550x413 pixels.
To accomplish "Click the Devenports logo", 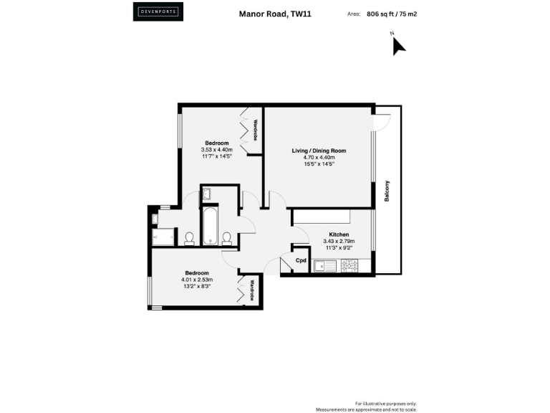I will (x=157, y=11).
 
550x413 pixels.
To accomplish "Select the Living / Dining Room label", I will (x=319, y=151).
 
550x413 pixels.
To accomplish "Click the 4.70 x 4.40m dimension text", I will (x=319, y=158).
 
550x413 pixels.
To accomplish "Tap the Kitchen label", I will (x=339, y=235).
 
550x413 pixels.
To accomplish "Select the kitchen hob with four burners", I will (x=349, y=265).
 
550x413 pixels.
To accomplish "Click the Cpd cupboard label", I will (x=301, y=260).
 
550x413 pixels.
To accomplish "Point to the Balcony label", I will (x=387, y=190).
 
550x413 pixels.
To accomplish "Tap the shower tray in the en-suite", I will (x=165, y=237).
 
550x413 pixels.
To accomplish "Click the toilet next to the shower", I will (x=190, y=239).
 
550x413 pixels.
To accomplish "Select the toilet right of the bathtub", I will (x=226, y=237).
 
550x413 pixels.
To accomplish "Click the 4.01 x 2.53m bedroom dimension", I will (x=197, y=280).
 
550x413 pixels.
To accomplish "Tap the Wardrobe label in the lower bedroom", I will (x=253, y=290).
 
